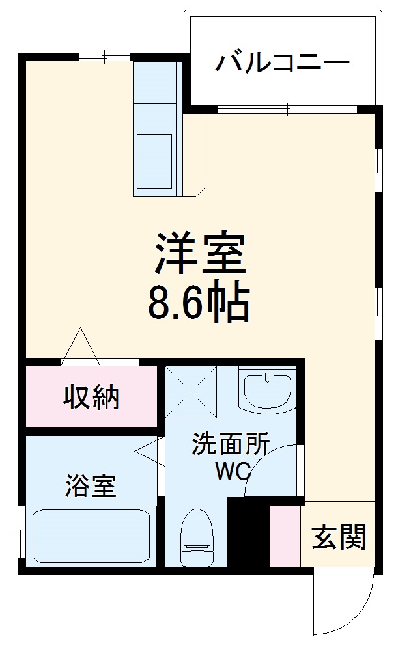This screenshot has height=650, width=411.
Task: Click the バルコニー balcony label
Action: point(283,63)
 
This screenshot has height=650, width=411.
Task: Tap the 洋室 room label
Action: point(199,253)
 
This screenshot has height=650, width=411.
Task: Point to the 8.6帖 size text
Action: point(199,303)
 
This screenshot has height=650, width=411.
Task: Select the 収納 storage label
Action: point(91,397)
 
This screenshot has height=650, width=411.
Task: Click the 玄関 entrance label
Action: point(339,537)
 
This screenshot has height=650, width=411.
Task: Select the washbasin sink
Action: point(267,390)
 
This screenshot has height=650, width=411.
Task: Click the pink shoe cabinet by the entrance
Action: point(285,534)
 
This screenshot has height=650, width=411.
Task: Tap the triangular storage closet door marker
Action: point(80,346)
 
